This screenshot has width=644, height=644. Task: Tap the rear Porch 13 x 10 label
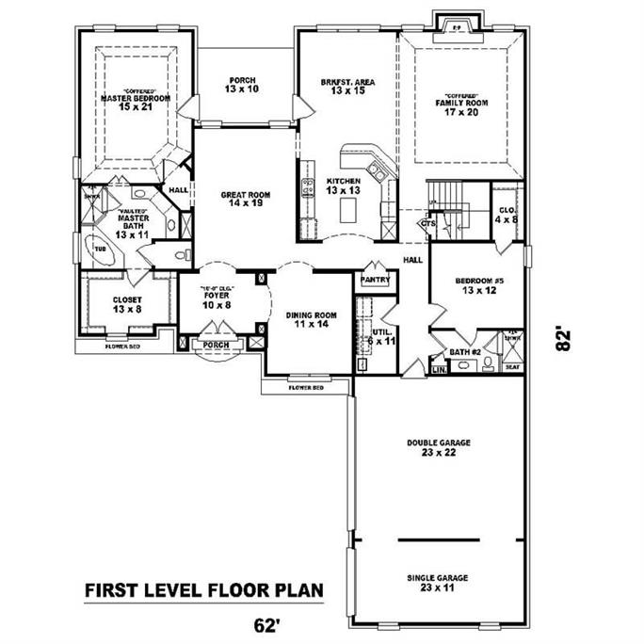(x=241, y=85)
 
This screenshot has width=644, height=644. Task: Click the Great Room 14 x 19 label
(x=246, y=200)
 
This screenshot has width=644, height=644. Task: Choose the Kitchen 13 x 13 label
(x=344, y=185)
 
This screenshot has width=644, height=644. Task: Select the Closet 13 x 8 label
(x=127, y=304)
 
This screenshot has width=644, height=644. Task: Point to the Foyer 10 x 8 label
(x=217, y=299)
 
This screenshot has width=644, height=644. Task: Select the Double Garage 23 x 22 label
(x=438, y=447)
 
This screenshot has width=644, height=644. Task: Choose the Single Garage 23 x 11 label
(x=438, y=583)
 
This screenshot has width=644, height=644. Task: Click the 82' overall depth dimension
(x=564, y=339)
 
